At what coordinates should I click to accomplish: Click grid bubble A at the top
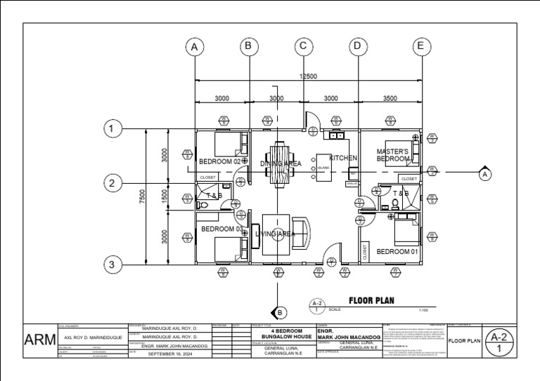(195, 47)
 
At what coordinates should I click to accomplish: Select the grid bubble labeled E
(421, 47)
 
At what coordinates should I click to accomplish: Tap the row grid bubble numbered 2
(110, 184)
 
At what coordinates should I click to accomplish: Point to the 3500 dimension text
(390, 99)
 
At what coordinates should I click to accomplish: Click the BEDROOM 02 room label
(221, 162)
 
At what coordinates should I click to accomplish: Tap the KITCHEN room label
(343, 159)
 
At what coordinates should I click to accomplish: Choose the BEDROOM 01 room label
(397, 251)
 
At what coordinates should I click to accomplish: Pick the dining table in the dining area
(281, 163)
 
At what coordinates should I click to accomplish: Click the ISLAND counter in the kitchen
(324, 168)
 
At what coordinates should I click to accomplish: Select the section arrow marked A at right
(484, 172)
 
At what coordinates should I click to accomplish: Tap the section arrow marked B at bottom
(279, 312)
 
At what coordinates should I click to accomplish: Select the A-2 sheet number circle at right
(499, 342)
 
